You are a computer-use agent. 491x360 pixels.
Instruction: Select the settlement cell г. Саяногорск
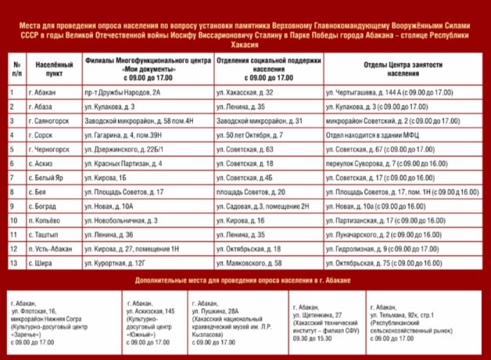click(49, 121)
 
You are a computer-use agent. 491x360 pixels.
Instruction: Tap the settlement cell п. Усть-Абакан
click(51, 249)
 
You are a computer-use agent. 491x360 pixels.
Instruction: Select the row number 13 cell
click(13, 263)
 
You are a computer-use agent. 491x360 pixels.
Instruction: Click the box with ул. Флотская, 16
click(63, 321)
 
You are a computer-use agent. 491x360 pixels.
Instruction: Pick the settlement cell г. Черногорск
click(48, 149)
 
